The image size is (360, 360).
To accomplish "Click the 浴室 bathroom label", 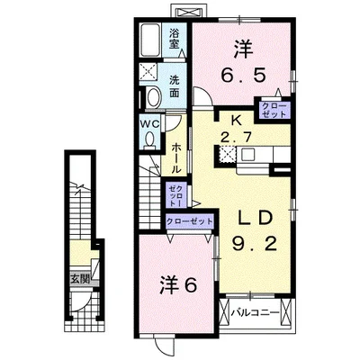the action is tap(175, 39).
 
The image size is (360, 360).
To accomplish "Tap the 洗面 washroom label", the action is tap(175, 86).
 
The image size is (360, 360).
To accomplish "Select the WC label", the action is tap(150, 124).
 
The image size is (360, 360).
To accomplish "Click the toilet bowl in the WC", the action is tap(149, 140).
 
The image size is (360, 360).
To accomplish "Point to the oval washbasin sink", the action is tap(154, 96).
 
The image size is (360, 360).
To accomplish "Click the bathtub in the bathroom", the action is tap(151, 40).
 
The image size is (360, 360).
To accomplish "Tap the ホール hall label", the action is tap(176, 158).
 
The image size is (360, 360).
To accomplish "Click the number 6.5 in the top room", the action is tap(243, 76).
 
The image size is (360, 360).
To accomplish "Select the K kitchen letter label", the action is tap(236, 121).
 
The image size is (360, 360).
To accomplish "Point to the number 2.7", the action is tap(236, 138).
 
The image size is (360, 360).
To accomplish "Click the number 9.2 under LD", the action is tap(254, 245).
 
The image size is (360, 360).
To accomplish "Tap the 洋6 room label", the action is tap(178, 285).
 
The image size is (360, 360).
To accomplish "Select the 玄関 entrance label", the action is tap(80, 279).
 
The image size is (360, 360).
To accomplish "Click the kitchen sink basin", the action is tap(250, 155).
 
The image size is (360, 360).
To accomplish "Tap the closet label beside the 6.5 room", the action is tap(274, 110).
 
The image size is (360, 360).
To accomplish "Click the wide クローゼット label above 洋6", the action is tap(190, 222).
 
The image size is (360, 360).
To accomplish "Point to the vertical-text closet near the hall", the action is tap(175, 195).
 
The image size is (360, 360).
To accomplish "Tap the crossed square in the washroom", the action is tap(148, 72).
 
